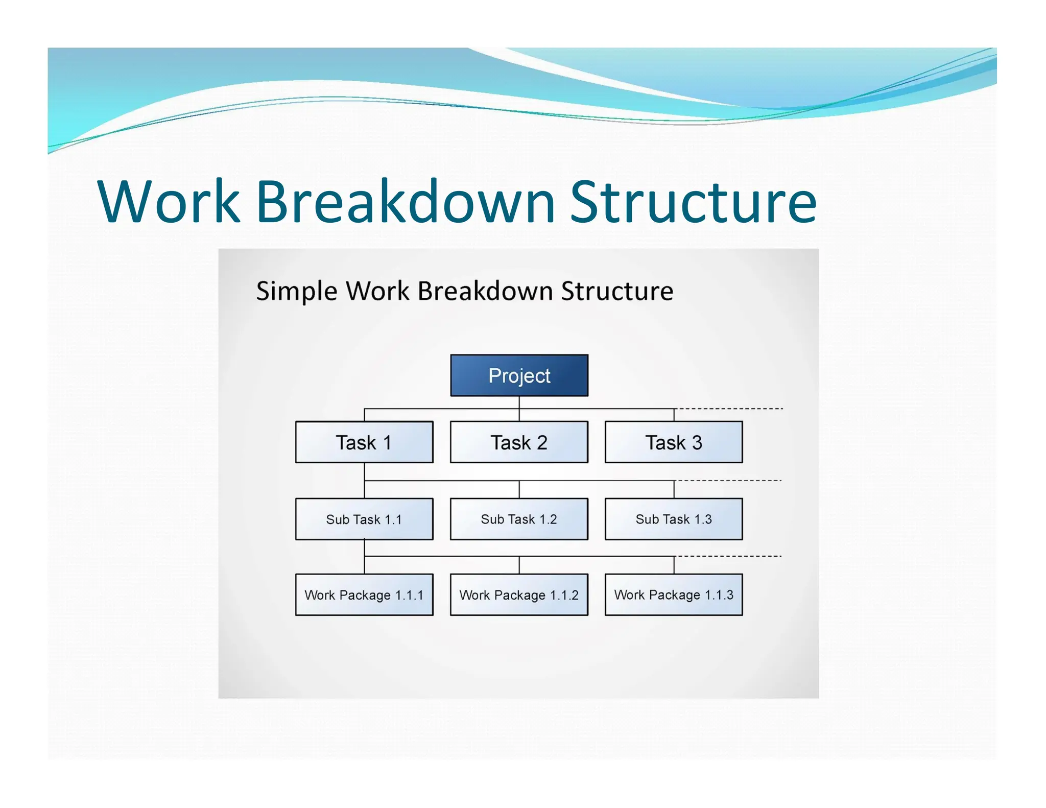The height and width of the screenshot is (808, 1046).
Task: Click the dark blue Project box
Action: pyautogui.click(x=519, y=375)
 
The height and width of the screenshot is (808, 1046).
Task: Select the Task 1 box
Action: pyautogui.click(x=364, y=442)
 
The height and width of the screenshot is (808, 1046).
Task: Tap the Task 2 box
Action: pyautogui.click(x=519, y=442)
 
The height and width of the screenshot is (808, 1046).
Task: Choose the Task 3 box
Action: pyautogui.click(x=674, y=442)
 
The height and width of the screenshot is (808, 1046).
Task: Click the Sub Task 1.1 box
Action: pyautogui.click(x=364, y=519)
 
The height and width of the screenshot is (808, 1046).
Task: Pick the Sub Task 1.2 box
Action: pyautogui.click(x=519, y=519)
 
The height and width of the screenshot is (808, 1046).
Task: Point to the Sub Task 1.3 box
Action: pyautogui.click(x=674, y=519)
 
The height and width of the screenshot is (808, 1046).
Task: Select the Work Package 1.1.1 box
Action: pyautogui.click(x=364, y=595)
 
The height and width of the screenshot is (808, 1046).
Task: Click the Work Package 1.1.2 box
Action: pyautogui.click(x=519, y=595)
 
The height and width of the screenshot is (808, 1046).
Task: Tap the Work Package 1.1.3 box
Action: pyautogui.click(x=674, y=595)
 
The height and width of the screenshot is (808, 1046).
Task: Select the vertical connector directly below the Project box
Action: pyautogui.click(x=519, y=402)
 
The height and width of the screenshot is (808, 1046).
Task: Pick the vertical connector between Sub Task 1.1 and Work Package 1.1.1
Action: pyautogui.click(x=364, y=549)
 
